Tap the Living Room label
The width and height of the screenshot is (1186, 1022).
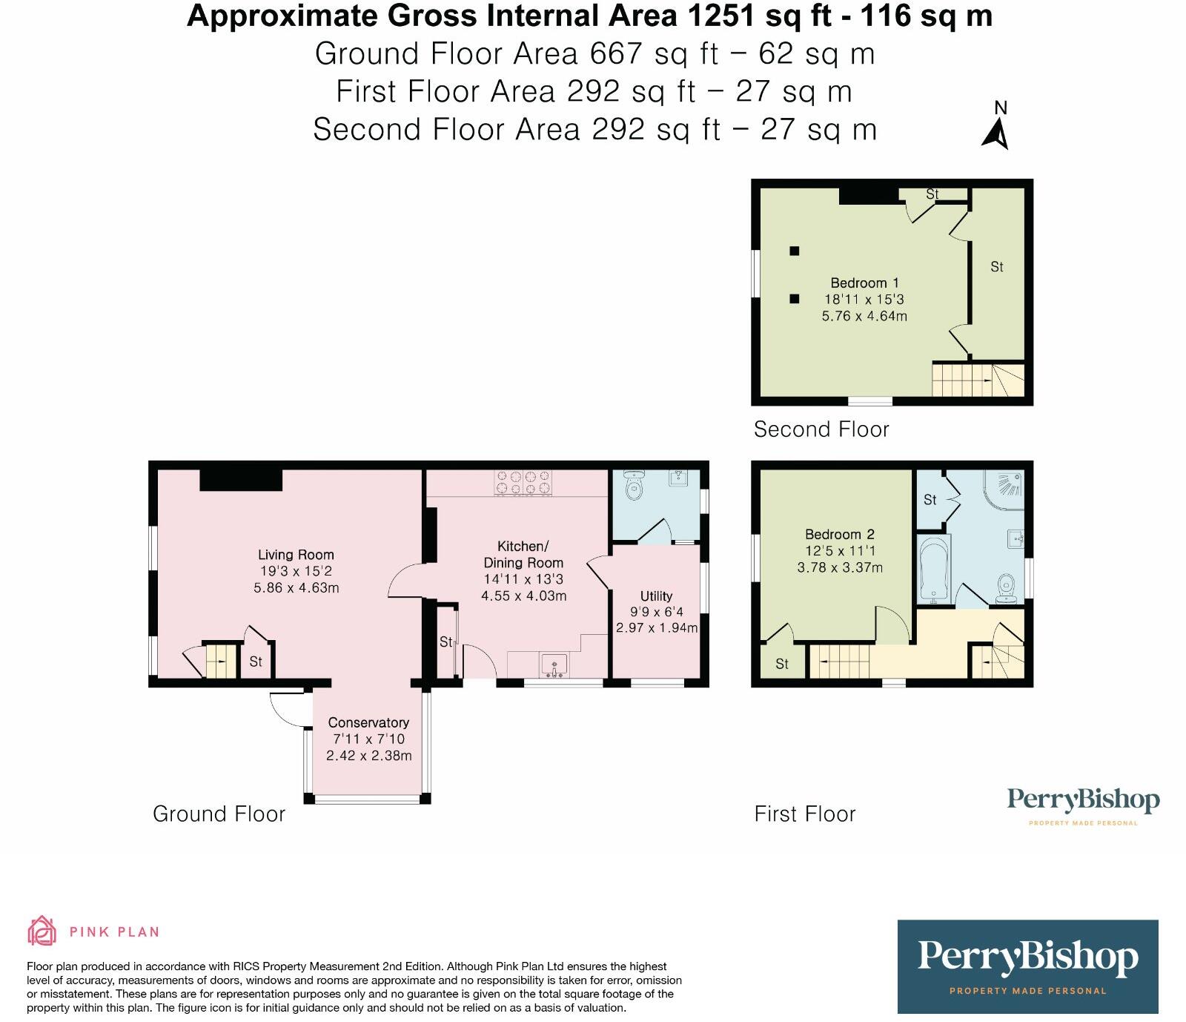pos(296,555)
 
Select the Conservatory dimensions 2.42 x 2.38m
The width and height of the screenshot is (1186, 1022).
pos(368,756)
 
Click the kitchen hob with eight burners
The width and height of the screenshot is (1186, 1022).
pos(523,482)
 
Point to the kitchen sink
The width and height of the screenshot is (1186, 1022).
pos(554,665)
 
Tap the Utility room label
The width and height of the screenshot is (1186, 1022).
pos(656,596)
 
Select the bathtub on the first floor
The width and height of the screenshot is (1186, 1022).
pos(933,569)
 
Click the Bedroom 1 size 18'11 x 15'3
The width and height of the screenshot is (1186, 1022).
pos(864,300)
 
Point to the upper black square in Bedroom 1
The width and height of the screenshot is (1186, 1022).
pos(794,251)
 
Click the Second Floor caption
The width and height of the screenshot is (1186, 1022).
pos(821,429)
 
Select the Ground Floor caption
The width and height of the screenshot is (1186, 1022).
pos(219,814)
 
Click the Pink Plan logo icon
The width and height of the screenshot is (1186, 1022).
pos(42,931)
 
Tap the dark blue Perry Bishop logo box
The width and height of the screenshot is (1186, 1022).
pos(1027,966)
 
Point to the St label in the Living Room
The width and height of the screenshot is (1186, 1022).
pos(256,661)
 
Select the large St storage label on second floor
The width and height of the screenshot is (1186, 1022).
pos(997,266)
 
